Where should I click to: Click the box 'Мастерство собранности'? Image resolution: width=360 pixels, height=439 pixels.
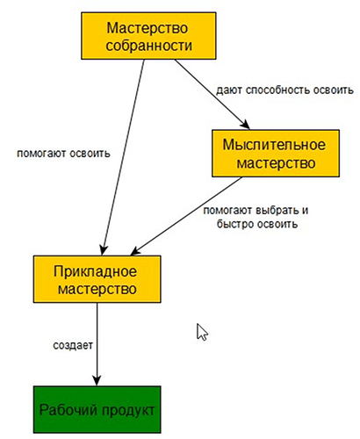point(148,36)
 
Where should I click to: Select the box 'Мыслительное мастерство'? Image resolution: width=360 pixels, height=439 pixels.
point(276,154)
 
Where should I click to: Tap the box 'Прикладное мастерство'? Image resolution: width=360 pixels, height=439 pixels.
point(97,279)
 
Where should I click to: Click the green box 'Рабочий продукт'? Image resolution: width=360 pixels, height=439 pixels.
point(97,409)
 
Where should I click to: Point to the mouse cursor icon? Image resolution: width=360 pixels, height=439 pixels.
point(202,332)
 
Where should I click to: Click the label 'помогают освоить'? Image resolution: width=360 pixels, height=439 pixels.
point(63,154)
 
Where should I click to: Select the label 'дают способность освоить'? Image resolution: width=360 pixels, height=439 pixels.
point(284,90)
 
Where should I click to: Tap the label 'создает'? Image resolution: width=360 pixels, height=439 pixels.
point(73,345)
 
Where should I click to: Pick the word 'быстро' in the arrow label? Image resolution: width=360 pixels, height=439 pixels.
point(235,224)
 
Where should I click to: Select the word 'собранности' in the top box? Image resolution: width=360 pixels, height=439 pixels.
point(149,46)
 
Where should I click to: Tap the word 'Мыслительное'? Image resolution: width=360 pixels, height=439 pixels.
point(274,145)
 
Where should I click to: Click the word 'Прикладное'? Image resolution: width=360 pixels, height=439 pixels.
point(95,271)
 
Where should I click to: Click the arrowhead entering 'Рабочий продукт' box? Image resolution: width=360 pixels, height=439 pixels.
point(97,380)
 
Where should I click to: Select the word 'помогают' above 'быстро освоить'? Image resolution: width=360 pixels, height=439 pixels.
point(227,211)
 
